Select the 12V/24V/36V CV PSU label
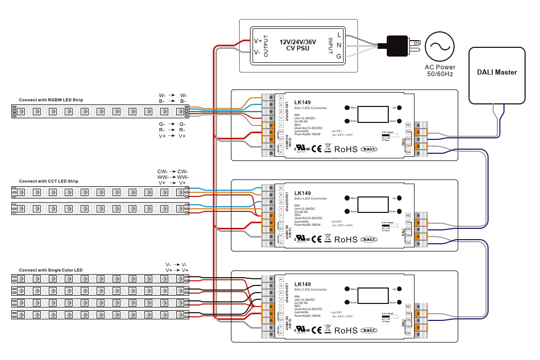(298, 45)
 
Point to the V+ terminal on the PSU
(258, 41)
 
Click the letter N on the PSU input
(338, 45)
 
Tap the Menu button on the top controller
(347, 108)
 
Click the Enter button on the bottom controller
(347, 302)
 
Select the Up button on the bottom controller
(400, 289)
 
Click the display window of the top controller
(373, 115)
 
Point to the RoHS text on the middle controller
(345, 239)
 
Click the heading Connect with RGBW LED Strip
(51, 100)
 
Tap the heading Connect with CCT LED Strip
(48, 181)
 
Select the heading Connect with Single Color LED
(50, 270)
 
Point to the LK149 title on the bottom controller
(302, 284)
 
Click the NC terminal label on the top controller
(408, 125)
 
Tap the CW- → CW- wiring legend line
(172, 172)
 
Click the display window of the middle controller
(373, 205)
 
